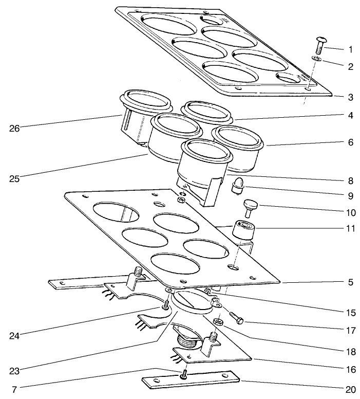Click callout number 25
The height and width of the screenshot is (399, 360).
coord(14,178)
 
